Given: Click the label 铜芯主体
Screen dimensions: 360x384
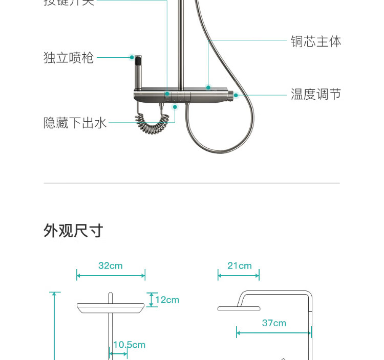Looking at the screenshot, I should tap(315, 41).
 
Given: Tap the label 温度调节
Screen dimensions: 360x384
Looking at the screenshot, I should tap(315, 94).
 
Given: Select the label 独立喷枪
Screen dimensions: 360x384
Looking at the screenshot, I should tap(69, 57).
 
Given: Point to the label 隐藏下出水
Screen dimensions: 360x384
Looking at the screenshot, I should tap(75, 123).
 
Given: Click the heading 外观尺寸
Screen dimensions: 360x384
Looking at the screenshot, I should tap(73, 231).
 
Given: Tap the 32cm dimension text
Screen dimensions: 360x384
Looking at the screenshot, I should tap(111, 265).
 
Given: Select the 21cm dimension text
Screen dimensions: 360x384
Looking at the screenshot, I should tap(240, 265).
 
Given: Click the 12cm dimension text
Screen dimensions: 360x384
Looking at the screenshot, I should tap(167, 300).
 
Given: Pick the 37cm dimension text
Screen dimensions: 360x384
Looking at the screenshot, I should tap(274, 323).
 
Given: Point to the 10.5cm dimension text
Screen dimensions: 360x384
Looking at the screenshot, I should tap(129, 345).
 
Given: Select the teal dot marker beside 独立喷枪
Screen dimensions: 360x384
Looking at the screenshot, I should tap(132, 57).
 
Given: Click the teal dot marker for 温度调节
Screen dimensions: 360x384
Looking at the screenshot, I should tap(236, 95).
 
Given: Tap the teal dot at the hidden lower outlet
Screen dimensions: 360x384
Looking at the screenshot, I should tap(175, 107).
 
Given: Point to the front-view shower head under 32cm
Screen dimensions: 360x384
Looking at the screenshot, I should tap(111, 307).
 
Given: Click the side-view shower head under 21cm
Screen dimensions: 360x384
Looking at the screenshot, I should tap(239, 308).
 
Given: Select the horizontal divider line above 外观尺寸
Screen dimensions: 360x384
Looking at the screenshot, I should tap(192, 183).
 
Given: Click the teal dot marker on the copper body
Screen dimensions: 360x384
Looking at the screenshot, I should tap(208, 87).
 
